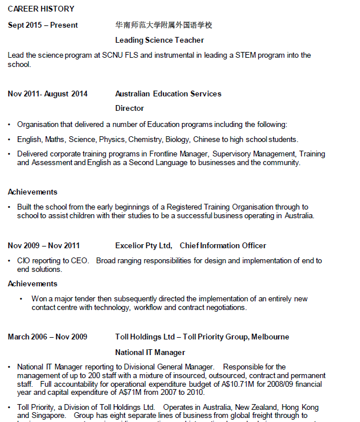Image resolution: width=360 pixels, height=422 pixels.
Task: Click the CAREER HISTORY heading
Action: click(x=41, y=9)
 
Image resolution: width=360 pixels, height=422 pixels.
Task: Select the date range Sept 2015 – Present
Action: click(x=43, y=25)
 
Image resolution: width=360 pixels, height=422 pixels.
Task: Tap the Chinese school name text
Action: click(x=164, y=25)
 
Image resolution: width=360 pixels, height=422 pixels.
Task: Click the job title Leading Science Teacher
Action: click(x=159, y=40)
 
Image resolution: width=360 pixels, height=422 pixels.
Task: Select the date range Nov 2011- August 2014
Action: click(x=48, y=94)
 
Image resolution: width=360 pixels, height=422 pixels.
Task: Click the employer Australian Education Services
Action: click(x=168, y=94)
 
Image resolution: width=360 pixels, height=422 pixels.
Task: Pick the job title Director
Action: click(x=129, y=109)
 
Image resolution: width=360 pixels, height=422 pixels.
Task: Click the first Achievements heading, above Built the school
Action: click(x=32, y=192)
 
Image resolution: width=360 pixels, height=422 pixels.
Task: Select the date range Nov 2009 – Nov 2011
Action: click(x=44, y=246)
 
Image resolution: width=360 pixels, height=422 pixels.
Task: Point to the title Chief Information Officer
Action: click(x=223, y=246)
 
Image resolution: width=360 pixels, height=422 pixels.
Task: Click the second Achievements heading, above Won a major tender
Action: click(x=32, y=284)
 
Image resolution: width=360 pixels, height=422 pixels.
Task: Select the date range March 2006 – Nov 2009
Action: click(x=47, y=337)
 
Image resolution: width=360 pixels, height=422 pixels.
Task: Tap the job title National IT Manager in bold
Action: click(x=150, y=352)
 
